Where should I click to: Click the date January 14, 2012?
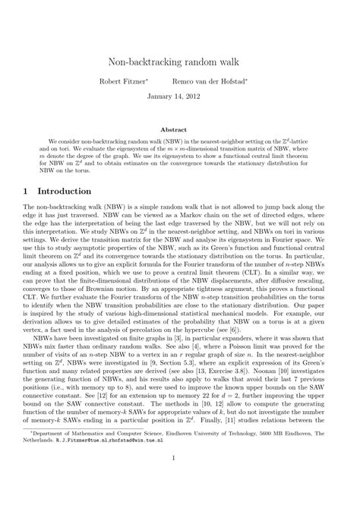179,97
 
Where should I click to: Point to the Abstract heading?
179,130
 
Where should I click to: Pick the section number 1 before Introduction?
26,191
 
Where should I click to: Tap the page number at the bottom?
180,479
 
